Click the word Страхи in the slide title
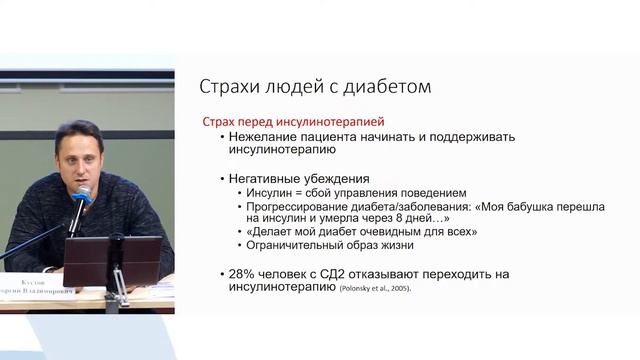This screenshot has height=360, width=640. (x=230, y=86)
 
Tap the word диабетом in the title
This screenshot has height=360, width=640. (x=389, y=86)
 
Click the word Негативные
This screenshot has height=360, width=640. (x=269, y=177)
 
